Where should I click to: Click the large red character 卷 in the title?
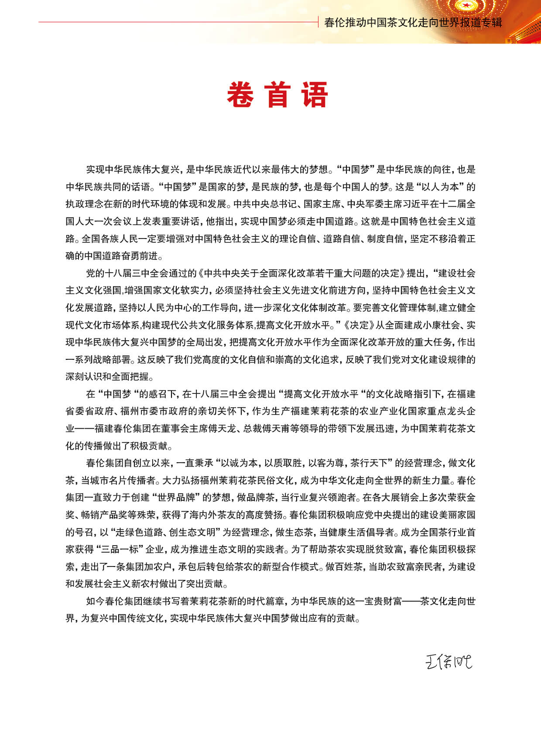(240, 95)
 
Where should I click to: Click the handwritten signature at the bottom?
(449, 662)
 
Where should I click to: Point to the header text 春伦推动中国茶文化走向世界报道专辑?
(413, 22)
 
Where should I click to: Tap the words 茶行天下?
(369, 463)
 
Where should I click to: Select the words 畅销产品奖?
(101, 515)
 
